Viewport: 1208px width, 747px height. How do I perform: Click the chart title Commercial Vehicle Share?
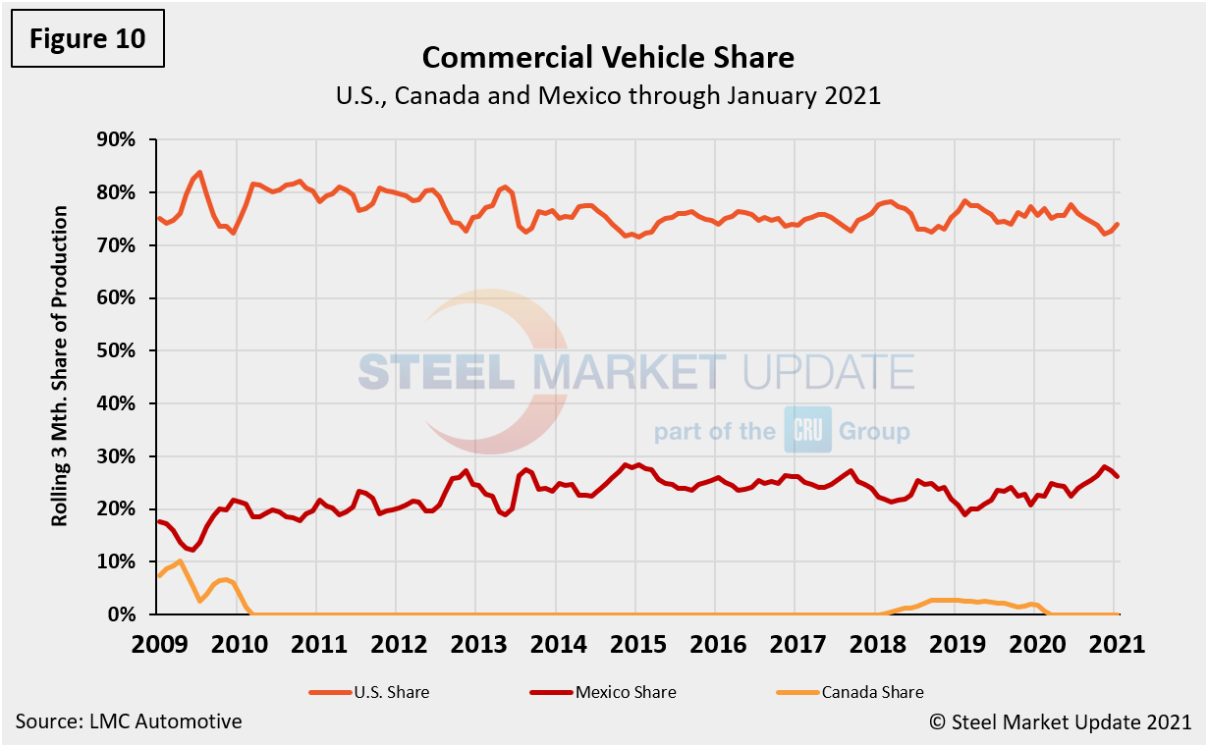point(608,58)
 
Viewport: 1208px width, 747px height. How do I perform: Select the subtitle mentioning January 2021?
point(608,96)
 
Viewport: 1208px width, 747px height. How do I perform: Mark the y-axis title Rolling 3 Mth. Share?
point(61,365)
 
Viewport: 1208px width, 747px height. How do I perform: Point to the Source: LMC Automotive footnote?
point(129,721)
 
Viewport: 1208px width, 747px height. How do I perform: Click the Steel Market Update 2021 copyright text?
point(1061,721)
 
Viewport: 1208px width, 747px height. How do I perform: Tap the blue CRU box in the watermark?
point(807,430)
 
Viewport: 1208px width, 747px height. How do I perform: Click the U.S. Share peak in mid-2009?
point(200,173)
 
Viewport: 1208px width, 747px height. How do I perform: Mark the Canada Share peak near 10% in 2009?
point(180,560)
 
